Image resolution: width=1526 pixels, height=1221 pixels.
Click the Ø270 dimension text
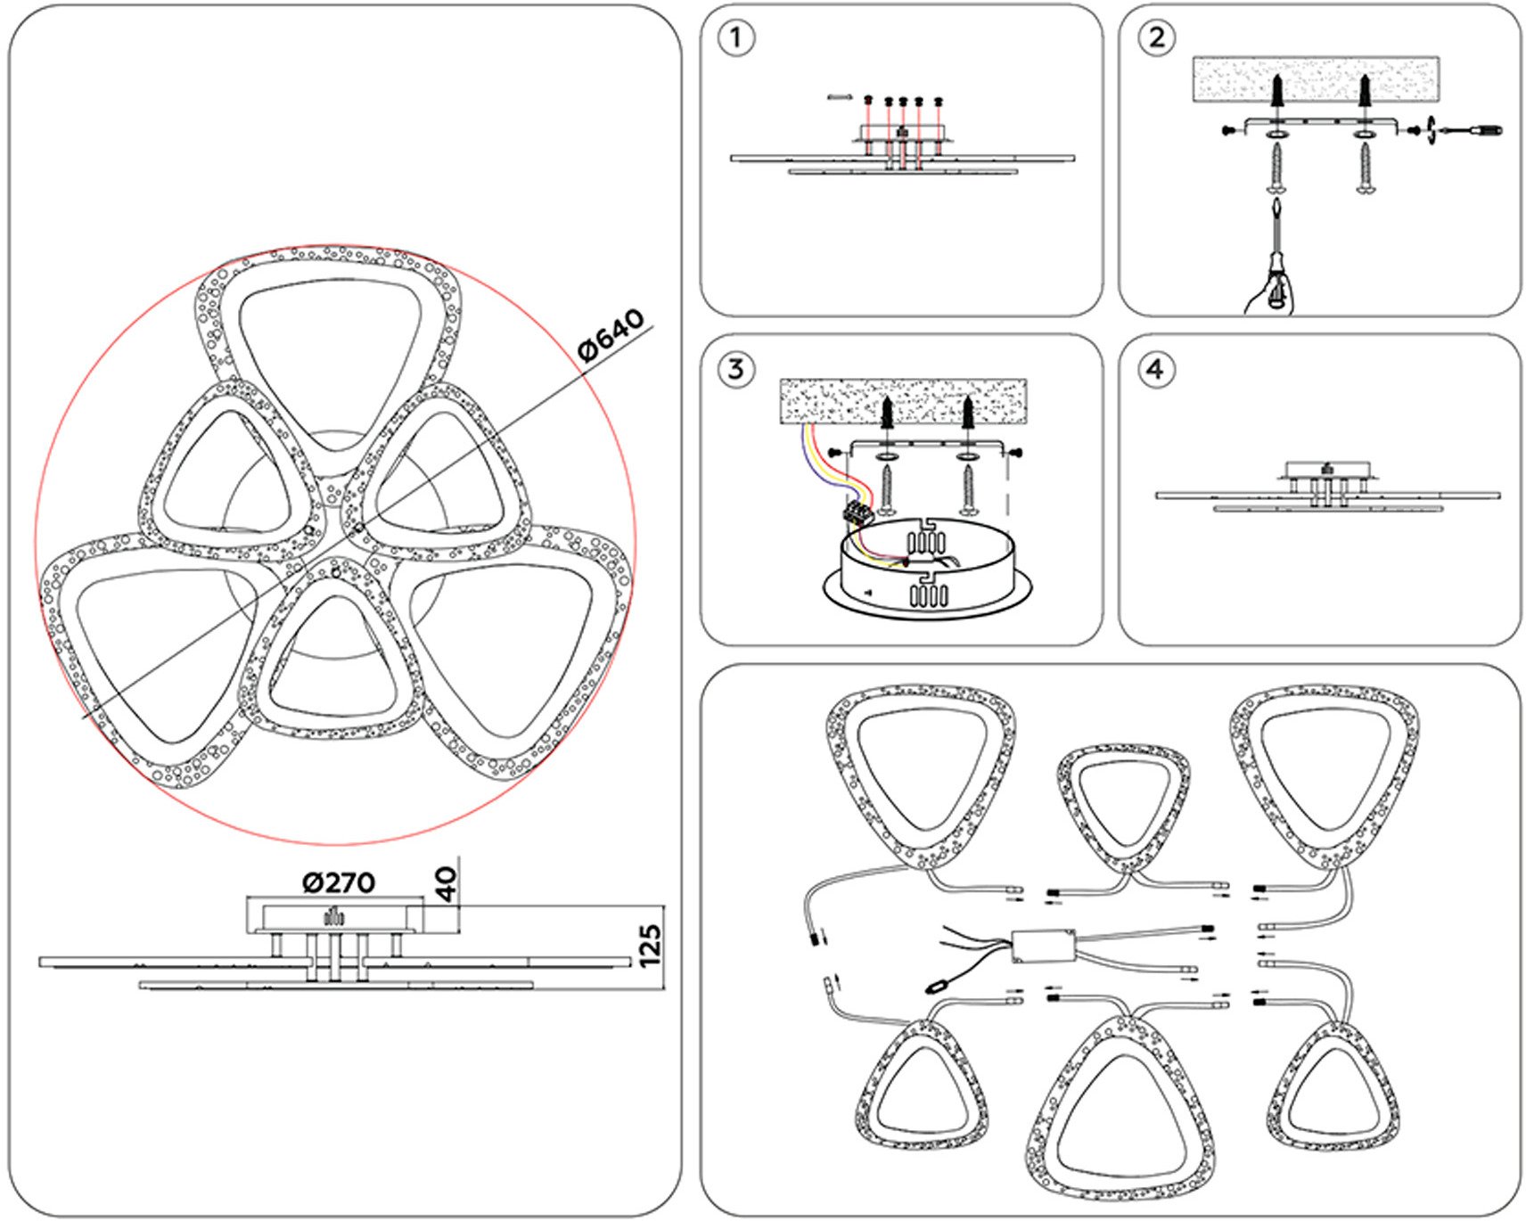(x=339, y=882)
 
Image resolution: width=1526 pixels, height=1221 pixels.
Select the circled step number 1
(x=735, y=38)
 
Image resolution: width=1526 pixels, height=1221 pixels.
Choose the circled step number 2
(x=1156, y=38)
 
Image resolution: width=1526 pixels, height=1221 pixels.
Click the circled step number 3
(x=735, y=369)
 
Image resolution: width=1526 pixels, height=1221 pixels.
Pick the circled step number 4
(x=1156, y=369)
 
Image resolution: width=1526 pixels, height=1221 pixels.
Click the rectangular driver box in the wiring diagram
(x=1043, y=946)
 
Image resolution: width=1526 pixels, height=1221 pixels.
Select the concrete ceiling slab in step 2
(x=1316, y=78)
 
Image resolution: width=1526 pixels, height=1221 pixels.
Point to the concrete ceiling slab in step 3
(x=903, y=401)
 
